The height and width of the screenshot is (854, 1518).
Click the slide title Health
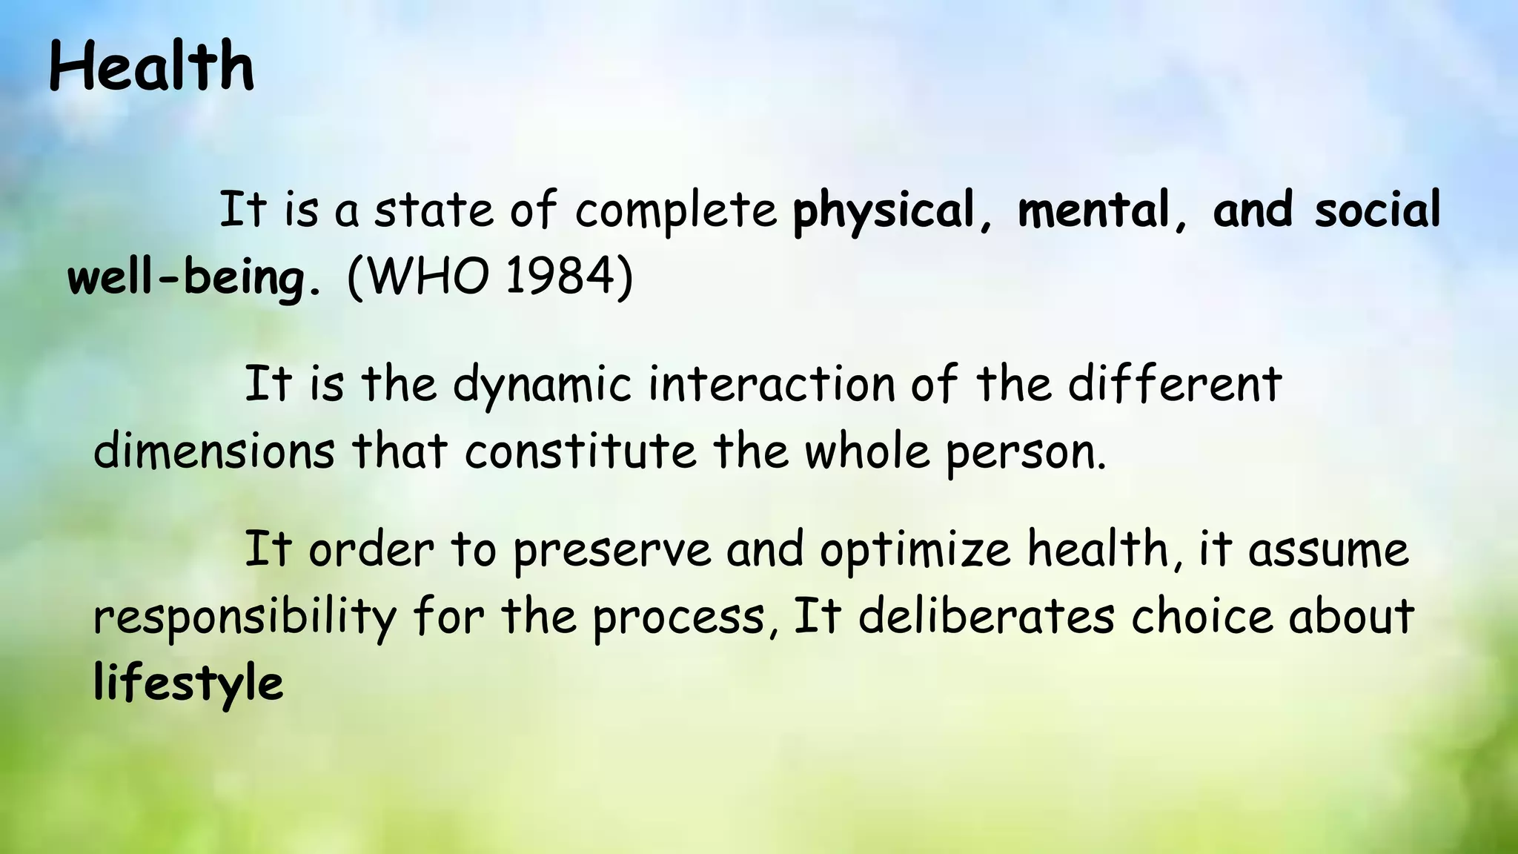151,67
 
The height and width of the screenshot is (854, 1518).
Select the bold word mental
1093,210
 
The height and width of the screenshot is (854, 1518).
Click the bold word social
1377,210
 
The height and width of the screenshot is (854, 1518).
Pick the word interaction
772,384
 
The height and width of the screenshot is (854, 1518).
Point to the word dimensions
214,451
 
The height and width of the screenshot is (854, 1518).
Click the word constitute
580,451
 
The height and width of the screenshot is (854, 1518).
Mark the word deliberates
987,617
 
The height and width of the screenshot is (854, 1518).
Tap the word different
1174,384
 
